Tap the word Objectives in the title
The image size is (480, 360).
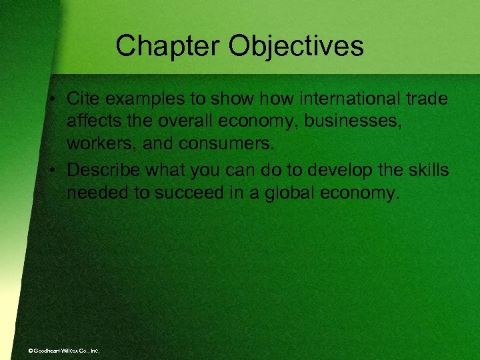pos(297,46)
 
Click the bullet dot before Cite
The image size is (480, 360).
pos(55,99)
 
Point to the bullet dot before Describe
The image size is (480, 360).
pos(55,170)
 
